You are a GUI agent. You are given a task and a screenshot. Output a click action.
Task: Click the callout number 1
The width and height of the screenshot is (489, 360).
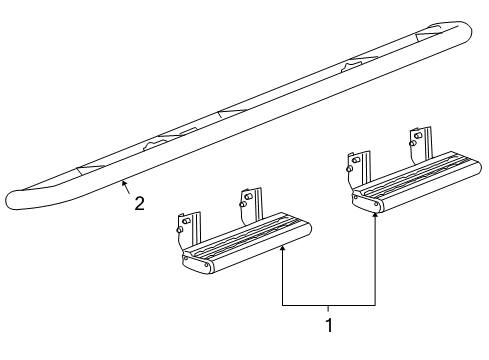click(327, 324)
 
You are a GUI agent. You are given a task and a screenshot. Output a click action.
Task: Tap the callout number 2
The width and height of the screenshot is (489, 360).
click(139, 204)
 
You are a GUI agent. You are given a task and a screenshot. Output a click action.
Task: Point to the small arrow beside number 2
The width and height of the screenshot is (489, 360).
click(124, 186)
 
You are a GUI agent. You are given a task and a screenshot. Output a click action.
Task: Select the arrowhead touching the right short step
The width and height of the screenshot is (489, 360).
click(375, 217)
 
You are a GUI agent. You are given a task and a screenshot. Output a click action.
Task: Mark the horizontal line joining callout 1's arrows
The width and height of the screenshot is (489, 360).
click(328, 303)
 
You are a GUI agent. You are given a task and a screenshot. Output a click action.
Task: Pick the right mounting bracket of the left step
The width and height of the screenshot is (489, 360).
click(250, 205)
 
